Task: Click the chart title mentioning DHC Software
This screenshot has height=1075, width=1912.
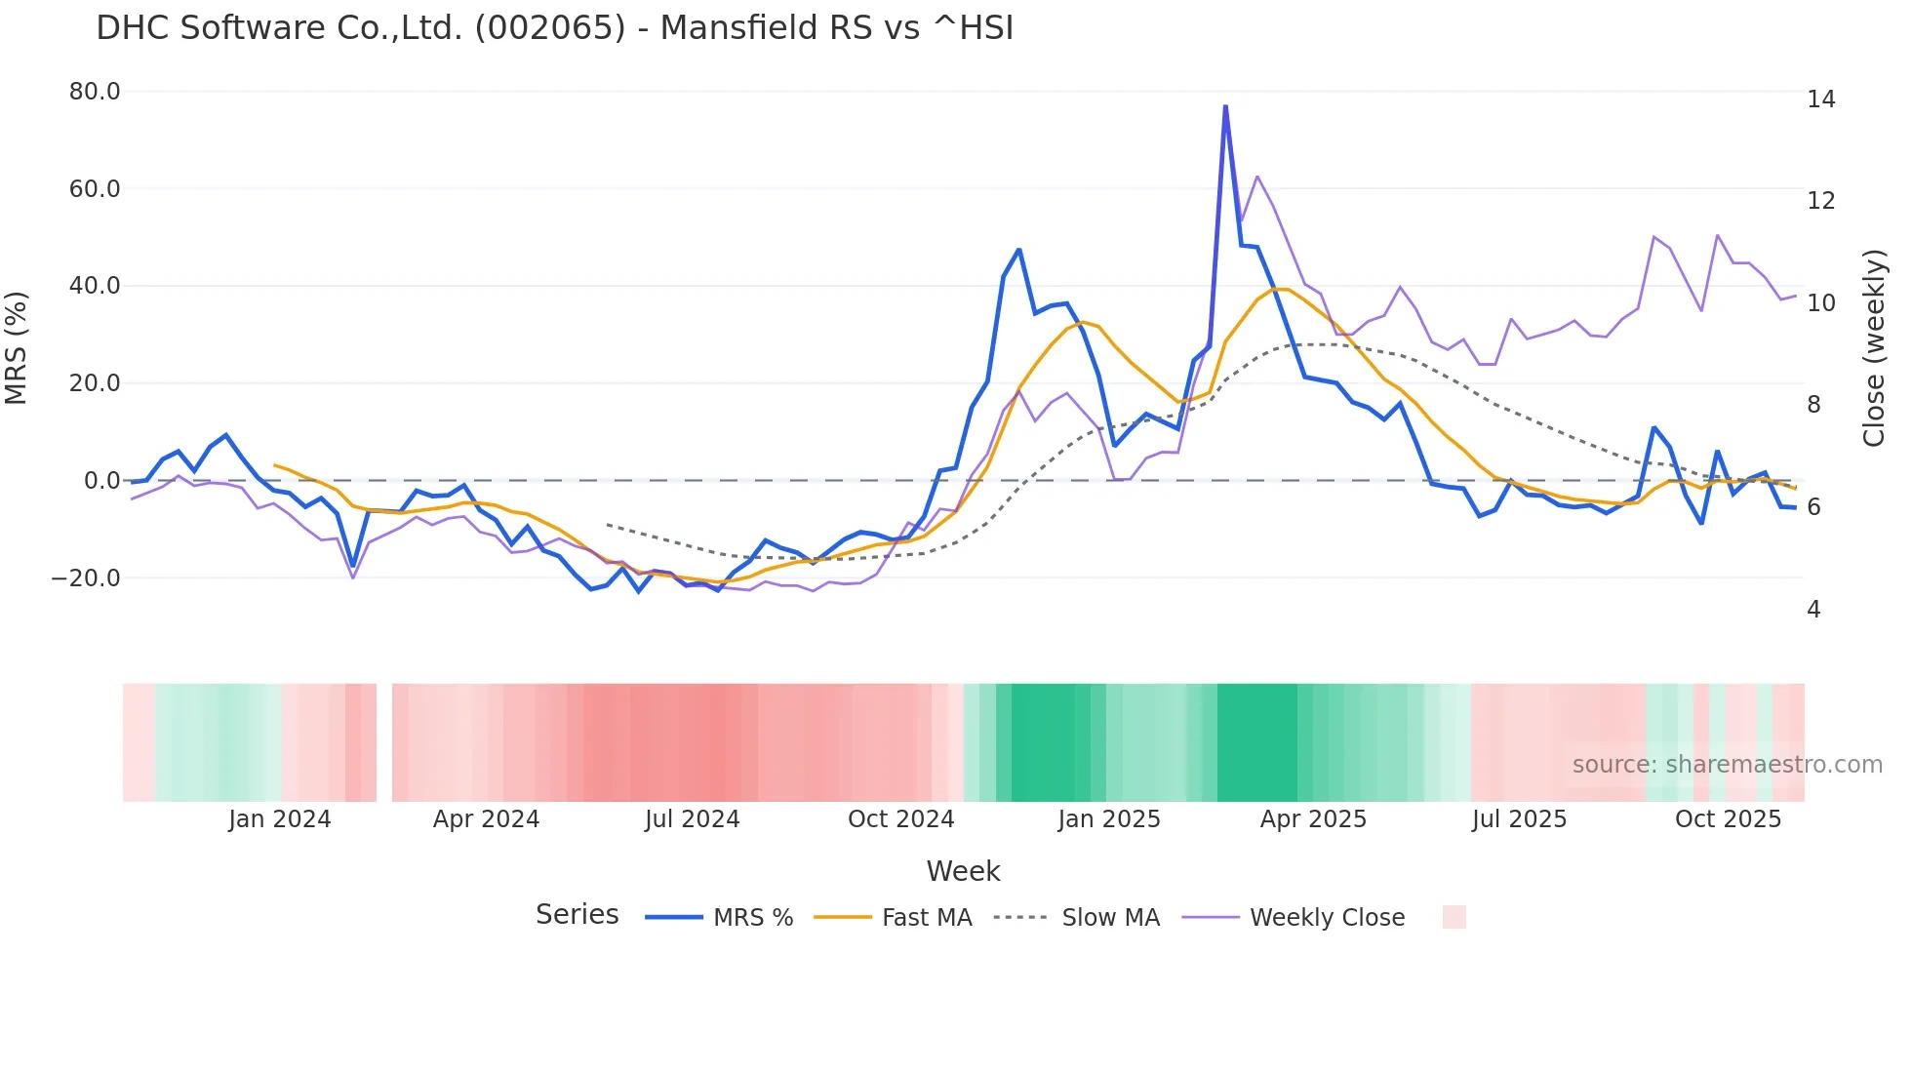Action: (x=554, y=28)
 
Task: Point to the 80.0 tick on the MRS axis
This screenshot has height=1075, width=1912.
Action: (x=95, y=92)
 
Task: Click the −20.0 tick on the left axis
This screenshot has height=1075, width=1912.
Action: (x=86, y=578)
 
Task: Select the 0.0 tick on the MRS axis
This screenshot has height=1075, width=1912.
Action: (x=101, y=481)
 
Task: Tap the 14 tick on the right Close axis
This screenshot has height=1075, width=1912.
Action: (x=1820, y=100)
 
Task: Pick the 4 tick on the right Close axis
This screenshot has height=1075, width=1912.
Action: (x=1813, y=610)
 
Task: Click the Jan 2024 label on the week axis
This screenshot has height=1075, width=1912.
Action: (x=280, y=819)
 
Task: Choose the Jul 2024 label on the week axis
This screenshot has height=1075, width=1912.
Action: (x=693, y=819)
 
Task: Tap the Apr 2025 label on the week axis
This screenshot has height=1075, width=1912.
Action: (x=1313, y=819)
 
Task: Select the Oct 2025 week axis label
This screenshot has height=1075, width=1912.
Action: (x=1728, y=819)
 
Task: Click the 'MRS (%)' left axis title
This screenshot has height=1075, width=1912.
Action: (x=17, y=347)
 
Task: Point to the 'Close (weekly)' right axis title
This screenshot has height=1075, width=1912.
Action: (x=1874, y=348)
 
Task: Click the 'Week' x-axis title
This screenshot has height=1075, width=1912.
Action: (x=963, y=871)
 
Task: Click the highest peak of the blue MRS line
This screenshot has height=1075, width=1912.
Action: (x=1225, y=106)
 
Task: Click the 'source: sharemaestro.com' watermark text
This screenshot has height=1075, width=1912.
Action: (x=1727, y=765)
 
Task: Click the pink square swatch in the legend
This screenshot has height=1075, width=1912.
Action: (x=1454, y=917)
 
